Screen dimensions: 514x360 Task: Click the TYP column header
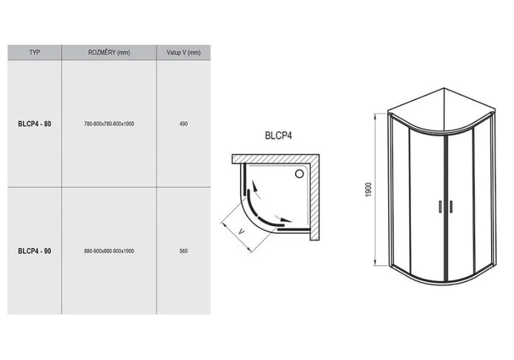point(34,53)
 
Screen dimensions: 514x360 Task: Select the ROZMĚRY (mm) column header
point(109,53)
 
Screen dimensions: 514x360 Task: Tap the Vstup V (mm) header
point(184,53)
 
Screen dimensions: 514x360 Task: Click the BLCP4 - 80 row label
point(34,124)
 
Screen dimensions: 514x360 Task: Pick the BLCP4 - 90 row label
point(34,251)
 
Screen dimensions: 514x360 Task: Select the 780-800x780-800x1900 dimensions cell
point(109,124)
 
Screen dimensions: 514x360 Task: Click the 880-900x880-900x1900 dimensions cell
point(109,251)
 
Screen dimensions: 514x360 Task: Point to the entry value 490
point(184,124)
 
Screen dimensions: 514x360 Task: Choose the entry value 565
point(184,251)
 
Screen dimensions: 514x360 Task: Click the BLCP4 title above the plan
point(278,136)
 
